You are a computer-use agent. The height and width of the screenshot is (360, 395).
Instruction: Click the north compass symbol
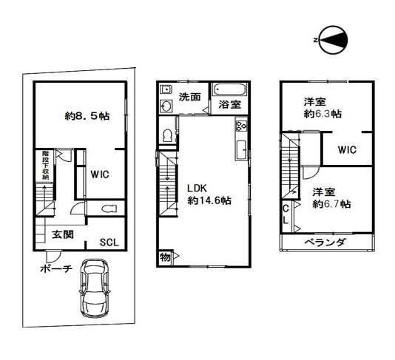[x=333, y=40]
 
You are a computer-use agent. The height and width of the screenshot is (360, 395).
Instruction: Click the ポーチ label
[x=56, y=269]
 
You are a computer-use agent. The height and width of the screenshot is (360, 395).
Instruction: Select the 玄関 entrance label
[x=63, y=234]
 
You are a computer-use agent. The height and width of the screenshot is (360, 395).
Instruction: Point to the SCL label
[x=109, y=242]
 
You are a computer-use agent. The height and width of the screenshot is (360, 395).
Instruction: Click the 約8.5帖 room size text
[x=87, y=116]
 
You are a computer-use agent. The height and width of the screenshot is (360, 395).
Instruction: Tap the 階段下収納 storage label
[x=45, y=165]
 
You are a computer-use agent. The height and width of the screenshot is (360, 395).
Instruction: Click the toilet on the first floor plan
[x=109, y=208]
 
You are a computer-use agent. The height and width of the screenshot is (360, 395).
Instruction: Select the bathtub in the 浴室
[x=229, y=90]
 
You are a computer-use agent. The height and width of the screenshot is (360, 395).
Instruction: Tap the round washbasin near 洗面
[x=166, y=106]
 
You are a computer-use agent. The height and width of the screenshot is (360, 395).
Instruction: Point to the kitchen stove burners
[x=241, y=126]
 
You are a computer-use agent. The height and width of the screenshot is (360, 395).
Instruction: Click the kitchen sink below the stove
[x=241, y=150]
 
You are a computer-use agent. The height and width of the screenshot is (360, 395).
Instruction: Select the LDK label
[x=197, y=188]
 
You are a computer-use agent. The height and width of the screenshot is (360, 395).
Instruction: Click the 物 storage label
[x=165, y=257]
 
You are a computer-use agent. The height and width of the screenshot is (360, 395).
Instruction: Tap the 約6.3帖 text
[x=323, y=114]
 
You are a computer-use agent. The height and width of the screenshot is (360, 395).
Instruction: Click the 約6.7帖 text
[x=331, y=204]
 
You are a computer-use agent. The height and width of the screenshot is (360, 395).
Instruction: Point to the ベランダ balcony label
[x=325, y=242]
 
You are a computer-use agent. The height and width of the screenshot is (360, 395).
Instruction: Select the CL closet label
[x=286, y=214]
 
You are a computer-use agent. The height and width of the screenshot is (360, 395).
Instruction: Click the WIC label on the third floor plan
[x=347, y=150]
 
